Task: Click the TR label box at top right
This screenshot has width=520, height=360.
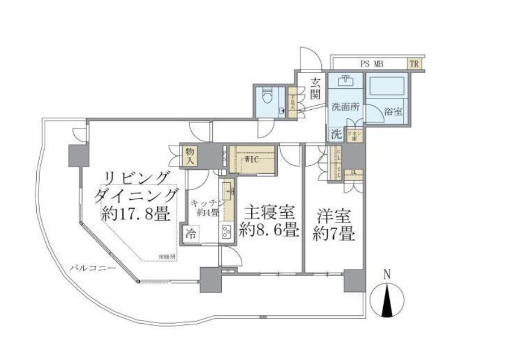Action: [414, 64]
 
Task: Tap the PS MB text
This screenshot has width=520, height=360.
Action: [372, 64]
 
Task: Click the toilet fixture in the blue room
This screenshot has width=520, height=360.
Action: [270, 100]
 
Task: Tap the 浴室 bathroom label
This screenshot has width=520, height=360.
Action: [393, 112]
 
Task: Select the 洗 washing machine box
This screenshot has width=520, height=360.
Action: [336, 135]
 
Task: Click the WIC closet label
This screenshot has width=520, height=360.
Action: [252, 160]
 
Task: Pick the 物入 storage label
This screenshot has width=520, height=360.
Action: [190, 156]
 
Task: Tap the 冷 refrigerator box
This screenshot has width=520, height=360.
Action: [191, 233]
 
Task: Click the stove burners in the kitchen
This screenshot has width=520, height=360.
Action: [226, 232]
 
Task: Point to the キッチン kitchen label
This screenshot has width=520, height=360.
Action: [208, 203]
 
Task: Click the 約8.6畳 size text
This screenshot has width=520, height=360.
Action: [269, 230]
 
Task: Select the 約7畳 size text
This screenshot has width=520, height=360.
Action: [334, 233]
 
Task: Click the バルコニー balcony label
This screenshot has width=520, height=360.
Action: [93, 268]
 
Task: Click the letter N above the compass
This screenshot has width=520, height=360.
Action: [387, 275]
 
